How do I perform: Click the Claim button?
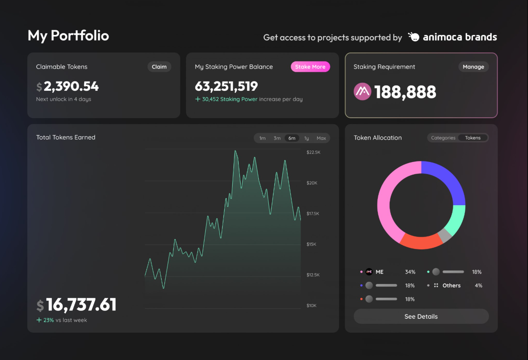(159, 67)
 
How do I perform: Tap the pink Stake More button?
(310, 67)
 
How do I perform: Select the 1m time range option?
(263, 138)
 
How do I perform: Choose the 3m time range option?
(277, 138)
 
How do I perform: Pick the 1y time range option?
(306, 138)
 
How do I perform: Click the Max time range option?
(321, 138)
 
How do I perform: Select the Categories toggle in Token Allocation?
(443, 138)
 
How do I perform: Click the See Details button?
(421, 316)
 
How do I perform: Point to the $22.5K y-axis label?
(313, 152)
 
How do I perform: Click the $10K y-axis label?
(312, 305)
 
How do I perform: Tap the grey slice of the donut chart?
(444, 235)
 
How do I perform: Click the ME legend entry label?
(379, 272)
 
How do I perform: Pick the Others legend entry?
(451, 286)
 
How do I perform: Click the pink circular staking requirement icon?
(362, 92)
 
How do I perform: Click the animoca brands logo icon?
(414, 37)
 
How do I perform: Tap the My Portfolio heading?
(68, 36)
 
